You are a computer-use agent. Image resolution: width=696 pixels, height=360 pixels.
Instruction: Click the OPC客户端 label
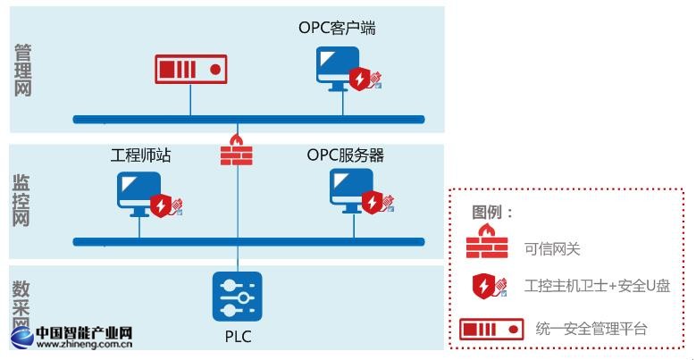337,28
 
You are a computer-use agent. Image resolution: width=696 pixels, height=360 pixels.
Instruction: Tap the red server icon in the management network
189,69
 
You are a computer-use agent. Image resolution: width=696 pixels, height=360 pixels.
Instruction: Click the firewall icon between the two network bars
237,151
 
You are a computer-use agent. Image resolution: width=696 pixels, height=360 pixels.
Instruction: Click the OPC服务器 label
346,156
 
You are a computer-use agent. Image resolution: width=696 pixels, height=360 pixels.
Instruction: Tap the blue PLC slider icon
237,296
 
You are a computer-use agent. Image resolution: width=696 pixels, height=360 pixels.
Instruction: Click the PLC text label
237,338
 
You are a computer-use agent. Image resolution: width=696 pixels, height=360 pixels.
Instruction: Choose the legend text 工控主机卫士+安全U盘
599,287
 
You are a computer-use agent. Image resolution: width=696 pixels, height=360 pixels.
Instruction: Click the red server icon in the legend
491,331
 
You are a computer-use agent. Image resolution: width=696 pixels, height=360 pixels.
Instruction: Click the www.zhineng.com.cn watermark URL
85,342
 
